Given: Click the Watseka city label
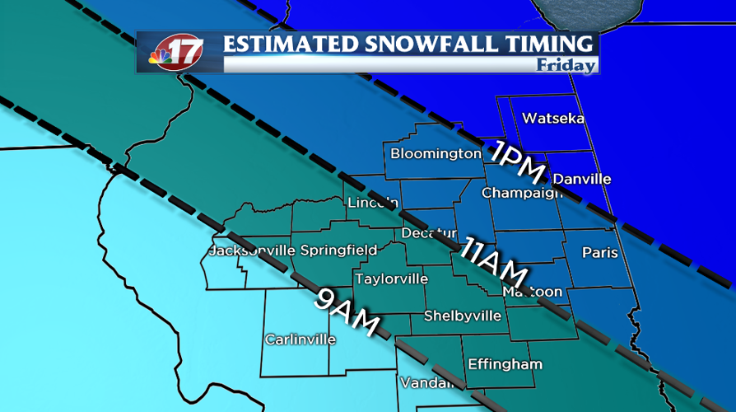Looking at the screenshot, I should pos(553,119).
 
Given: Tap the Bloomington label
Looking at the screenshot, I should pos(436,154).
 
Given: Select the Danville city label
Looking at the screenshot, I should pos(582,179).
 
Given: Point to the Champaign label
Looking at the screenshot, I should pos(522,193).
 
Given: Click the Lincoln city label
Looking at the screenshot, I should pos(373,203).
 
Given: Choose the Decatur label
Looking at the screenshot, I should pos(428,233).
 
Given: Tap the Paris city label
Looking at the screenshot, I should pos(599,252).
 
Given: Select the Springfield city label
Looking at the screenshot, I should pos(338,250).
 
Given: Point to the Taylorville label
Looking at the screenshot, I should pos(391,279).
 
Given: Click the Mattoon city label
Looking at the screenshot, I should pos(533,292).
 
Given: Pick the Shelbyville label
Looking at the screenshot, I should pos(462,316).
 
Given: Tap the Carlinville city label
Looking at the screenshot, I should pos(300,339).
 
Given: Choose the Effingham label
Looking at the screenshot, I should pos(505,364).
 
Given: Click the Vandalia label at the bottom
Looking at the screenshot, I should pos(426,383).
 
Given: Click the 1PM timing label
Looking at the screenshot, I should pos(517,162).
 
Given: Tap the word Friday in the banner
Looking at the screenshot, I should pos(566,65).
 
